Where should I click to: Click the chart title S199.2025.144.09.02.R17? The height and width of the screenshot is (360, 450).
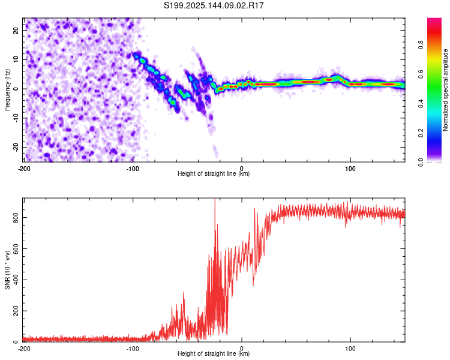coord(214,5)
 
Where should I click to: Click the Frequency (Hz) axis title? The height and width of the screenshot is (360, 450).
coord(7,90)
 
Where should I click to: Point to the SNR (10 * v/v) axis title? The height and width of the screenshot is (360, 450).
coord(7,270)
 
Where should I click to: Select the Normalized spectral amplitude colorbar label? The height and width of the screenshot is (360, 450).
coord(445,90)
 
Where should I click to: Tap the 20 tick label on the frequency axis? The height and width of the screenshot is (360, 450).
coord(16,30)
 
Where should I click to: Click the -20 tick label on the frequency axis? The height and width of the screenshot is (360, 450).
coord(16,147)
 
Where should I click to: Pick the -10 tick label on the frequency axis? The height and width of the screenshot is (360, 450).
coord(16,118)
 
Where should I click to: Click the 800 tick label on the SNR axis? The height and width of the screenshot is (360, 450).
coord(16,217)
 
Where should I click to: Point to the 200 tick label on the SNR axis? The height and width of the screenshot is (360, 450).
coord(16,311)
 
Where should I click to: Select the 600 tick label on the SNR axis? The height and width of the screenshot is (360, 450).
coord(16,248)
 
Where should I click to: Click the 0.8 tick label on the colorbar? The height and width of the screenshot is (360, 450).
coord(421,45)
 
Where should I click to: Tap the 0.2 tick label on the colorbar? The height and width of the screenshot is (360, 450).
coord(421,133)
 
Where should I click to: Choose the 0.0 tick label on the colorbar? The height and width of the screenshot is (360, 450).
coord(421,162)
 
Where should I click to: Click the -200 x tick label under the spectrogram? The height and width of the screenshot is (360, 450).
coord(24,169)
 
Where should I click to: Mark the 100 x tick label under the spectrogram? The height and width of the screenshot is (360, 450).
coord(350,169)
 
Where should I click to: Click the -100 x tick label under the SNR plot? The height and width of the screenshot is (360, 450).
coord(133,349)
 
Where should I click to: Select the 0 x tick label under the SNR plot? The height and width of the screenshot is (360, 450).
coord(242,349)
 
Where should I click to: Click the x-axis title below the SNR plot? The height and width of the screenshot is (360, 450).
coord(214,353)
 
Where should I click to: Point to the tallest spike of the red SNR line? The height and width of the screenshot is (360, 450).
coord(215,199)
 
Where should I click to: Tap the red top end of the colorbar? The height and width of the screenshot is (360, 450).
coord(434,19)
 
